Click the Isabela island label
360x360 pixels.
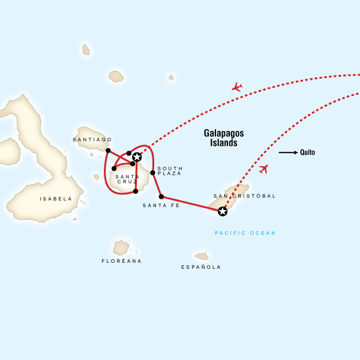click(x=55, y=199)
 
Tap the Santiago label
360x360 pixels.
click(x=92, y=139)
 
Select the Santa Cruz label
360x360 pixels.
click(x=127, y=179)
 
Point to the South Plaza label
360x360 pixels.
click(x=170, y=172)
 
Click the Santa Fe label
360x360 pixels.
click(x=157, y=206)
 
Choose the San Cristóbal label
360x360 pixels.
click(x=244, y=196)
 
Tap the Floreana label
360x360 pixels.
click(x=122, y=262)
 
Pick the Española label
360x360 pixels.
click(x=201, y=267)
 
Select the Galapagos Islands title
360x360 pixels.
click(x=220, y=139)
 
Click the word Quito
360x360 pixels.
click(x=308, y=152)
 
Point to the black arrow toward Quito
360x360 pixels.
click(x=288, y=152)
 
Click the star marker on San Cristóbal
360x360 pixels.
click(x=223, y=211)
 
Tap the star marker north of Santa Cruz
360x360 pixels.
click(x=137, y=157)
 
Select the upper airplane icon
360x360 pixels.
click(x=237, y=87)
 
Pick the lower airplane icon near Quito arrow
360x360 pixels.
click(x=263, y=169)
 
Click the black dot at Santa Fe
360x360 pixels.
click(x=161, y=196)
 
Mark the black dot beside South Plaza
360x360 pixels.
click(x=152, y=173)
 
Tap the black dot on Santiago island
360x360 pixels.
click(x=108, y=150)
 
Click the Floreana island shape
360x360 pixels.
click(x=121, y=247)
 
